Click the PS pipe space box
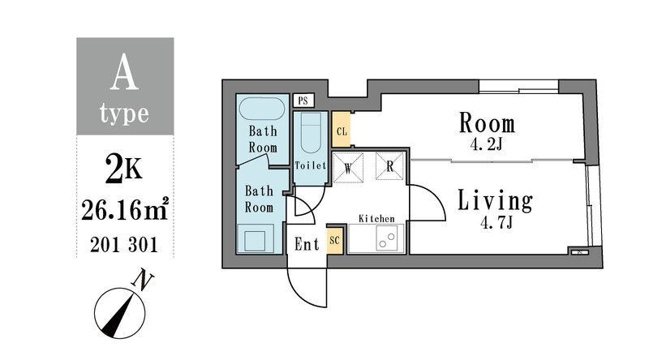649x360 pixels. coord(303,101)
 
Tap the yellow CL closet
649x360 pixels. coord(341,129)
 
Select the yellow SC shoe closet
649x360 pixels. coord(334,240)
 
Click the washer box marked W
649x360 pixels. coord(348,167)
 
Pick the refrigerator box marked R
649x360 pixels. coord(389,166)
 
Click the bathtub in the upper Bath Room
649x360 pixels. coord(262,109)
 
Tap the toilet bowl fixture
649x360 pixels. coord(311,132)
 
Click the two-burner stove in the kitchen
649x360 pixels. coord(387,239)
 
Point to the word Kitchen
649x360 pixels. coord(376,218)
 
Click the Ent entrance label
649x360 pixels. coord(307,244)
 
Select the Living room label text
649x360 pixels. coord(495,201)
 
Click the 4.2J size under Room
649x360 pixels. coord(487,144)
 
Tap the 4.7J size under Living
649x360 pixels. coord(496,223)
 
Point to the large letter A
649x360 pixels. coord(124,74)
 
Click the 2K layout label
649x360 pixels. coord(123,169)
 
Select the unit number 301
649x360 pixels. coord(144,245)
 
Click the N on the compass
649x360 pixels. coord(142,279)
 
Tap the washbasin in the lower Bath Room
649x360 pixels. coord(255,238)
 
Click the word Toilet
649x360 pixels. coord(311,165)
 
